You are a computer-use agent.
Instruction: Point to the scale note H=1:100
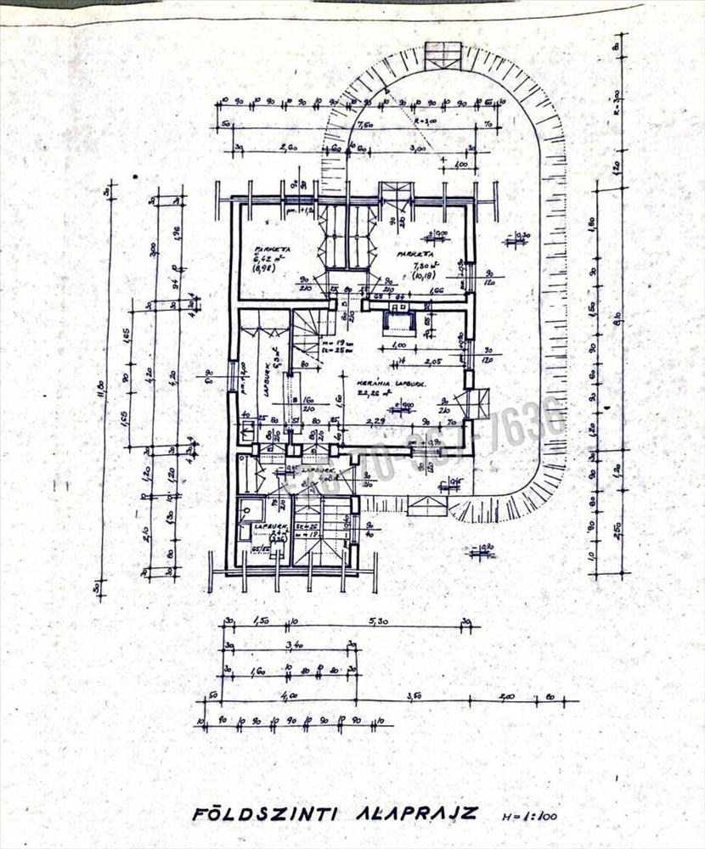(x=531, y=817)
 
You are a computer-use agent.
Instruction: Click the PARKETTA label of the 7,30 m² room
(x=415, y=253)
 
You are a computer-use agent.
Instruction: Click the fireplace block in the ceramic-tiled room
(x=399, y=323)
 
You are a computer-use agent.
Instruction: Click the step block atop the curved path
(x=443, y=55)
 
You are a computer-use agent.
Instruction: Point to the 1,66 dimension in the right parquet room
(x=437, y=290)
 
